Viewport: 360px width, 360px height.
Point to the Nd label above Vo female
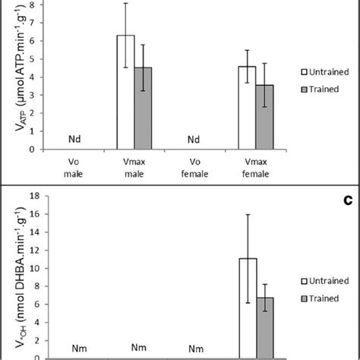tap(194, 140)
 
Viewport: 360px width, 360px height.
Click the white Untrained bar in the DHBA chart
tap(248, 308)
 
